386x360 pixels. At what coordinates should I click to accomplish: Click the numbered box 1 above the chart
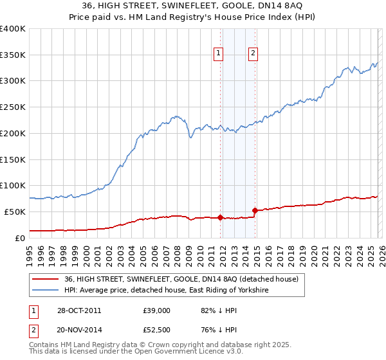[x=219, y=54]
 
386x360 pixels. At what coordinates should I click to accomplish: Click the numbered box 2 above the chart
[x=253, y=54]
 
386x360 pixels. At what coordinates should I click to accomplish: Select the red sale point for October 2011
[x=220, y=217]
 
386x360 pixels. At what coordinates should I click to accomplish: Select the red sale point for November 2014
[x=255, y=210]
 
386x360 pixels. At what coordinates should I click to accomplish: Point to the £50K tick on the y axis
[x=15, y=212]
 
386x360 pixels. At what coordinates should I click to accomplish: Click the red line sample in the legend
[x=45, y=280]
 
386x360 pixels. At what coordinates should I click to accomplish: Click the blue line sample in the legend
[x=45, y=291]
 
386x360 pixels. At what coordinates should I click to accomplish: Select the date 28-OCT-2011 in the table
[x=75, y=310]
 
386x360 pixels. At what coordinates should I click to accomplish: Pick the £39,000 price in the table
[x=156, y=310]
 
